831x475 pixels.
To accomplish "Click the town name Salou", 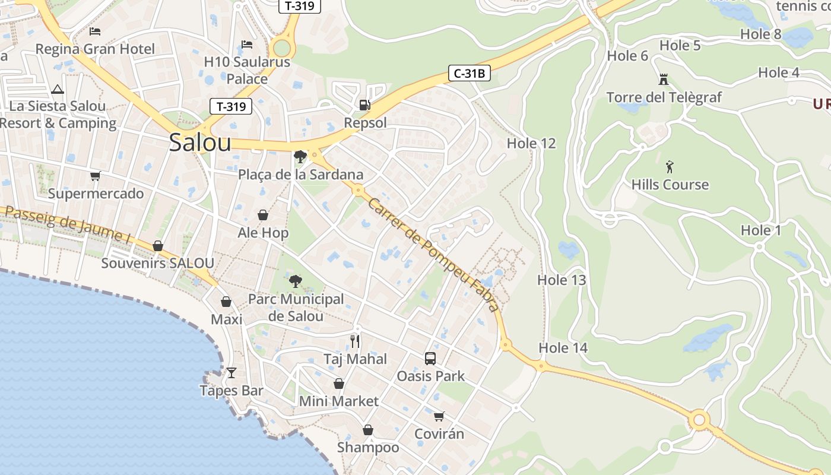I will [200, 142].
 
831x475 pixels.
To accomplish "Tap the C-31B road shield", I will [469, 74].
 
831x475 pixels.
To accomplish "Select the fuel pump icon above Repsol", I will [365, 105].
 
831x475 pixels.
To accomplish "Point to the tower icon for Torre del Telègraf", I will [664, 79].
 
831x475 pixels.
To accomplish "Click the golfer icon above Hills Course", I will [670, 167].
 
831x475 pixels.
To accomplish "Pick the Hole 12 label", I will [531, 143].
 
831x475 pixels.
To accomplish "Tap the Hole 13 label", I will [562, 280].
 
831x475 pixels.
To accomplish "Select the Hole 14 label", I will [563, 348].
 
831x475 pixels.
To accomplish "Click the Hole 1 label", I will [761, 230].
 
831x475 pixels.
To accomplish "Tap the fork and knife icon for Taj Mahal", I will [355, 341].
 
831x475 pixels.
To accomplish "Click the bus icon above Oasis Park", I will [430, 359].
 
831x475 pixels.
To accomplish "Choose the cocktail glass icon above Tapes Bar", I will [231, 373].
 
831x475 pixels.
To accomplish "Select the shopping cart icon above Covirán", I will [439, 416].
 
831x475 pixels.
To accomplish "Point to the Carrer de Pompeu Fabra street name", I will [433, 254].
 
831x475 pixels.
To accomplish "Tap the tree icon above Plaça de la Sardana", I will [300, 157].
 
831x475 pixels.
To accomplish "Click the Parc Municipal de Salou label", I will [296, 307].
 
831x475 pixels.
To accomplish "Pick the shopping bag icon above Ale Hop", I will [263, 215].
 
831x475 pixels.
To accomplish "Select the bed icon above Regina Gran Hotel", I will [95, 31].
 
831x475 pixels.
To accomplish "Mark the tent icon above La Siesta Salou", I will [58, 89].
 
